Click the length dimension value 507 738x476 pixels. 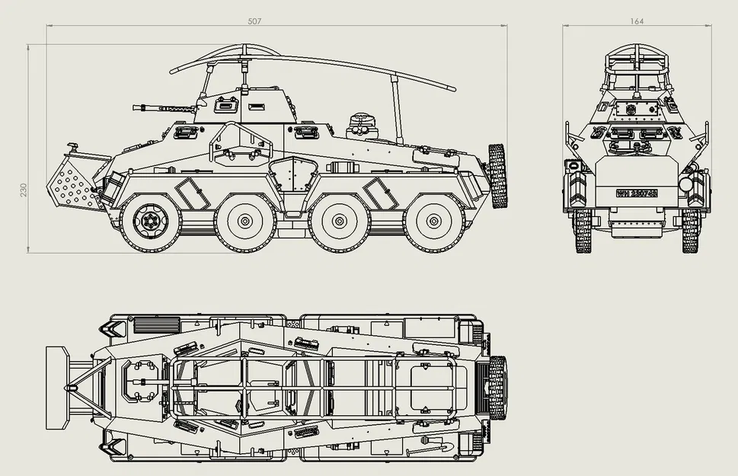(254, 21)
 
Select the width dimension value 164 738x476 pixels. (636, 21)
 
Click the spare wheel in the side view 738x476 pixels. (497, 175)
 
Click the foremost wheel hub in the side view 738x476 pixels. (149, 222)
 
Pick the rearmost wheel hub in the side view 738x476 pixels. (434, 222)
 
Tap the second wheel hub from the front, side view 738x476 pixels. (244, 222)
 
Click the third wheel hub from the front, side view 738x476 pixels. (340, 222)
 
